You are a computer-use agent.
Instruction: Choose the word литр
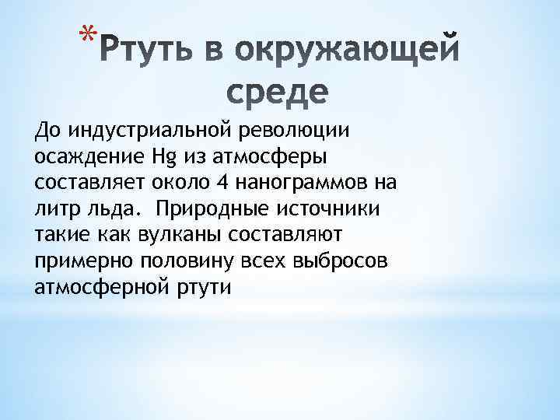pyautogui.click(x=56, y=208)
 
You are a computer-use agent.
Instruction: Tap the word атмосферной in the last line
pyautogui.click(x=102, y=287)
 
